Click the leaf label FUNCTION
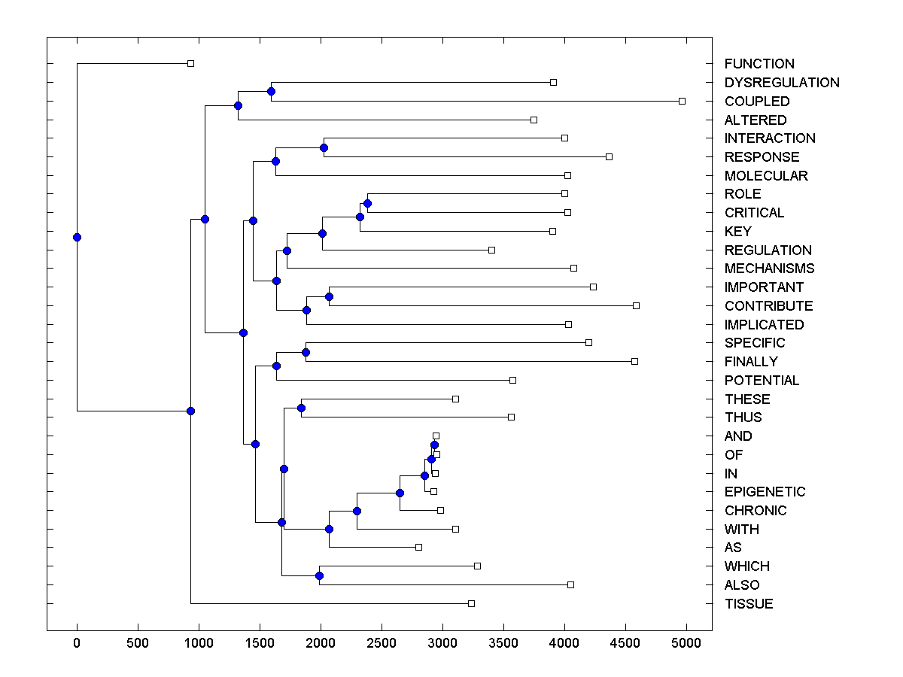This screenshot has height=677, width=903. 759,64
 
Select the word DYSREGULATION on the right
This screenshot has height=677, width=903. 782,83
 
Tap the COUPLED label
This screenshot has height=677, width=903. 757,102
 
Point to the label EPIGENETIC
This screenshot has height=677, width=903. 765,492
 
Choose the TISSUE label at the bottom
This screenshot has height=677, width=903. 749,604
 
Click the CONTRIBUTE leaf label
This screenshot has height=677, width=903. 768,306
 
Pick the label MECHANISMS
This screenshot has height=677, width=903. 769,269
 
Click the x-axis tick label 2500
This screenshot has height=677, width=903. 382,643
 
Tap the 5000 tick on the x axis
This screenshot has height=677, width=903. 686,643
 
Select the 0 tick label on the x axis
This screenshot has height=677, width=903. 77,643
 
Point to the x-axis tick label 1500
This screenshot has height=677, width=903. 260,643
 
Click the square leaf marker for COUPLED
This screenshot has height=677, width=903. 683,101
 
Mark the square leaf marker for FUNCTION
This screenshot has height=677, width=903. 190,64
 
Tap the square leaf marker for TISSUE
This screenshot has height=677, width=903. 471,603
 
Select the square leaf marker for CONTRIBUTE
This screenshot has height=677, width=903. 636,305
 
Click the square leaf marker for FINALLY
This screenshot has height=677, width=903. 634,361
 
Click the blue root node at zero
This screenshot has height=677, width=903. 77,237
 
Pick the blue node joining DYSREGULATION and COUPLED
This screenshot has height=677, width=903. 271,91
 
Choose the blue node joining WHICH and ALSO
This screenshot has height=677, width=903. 319,575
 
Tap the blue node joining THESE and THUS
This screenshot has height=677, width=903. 301,408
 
